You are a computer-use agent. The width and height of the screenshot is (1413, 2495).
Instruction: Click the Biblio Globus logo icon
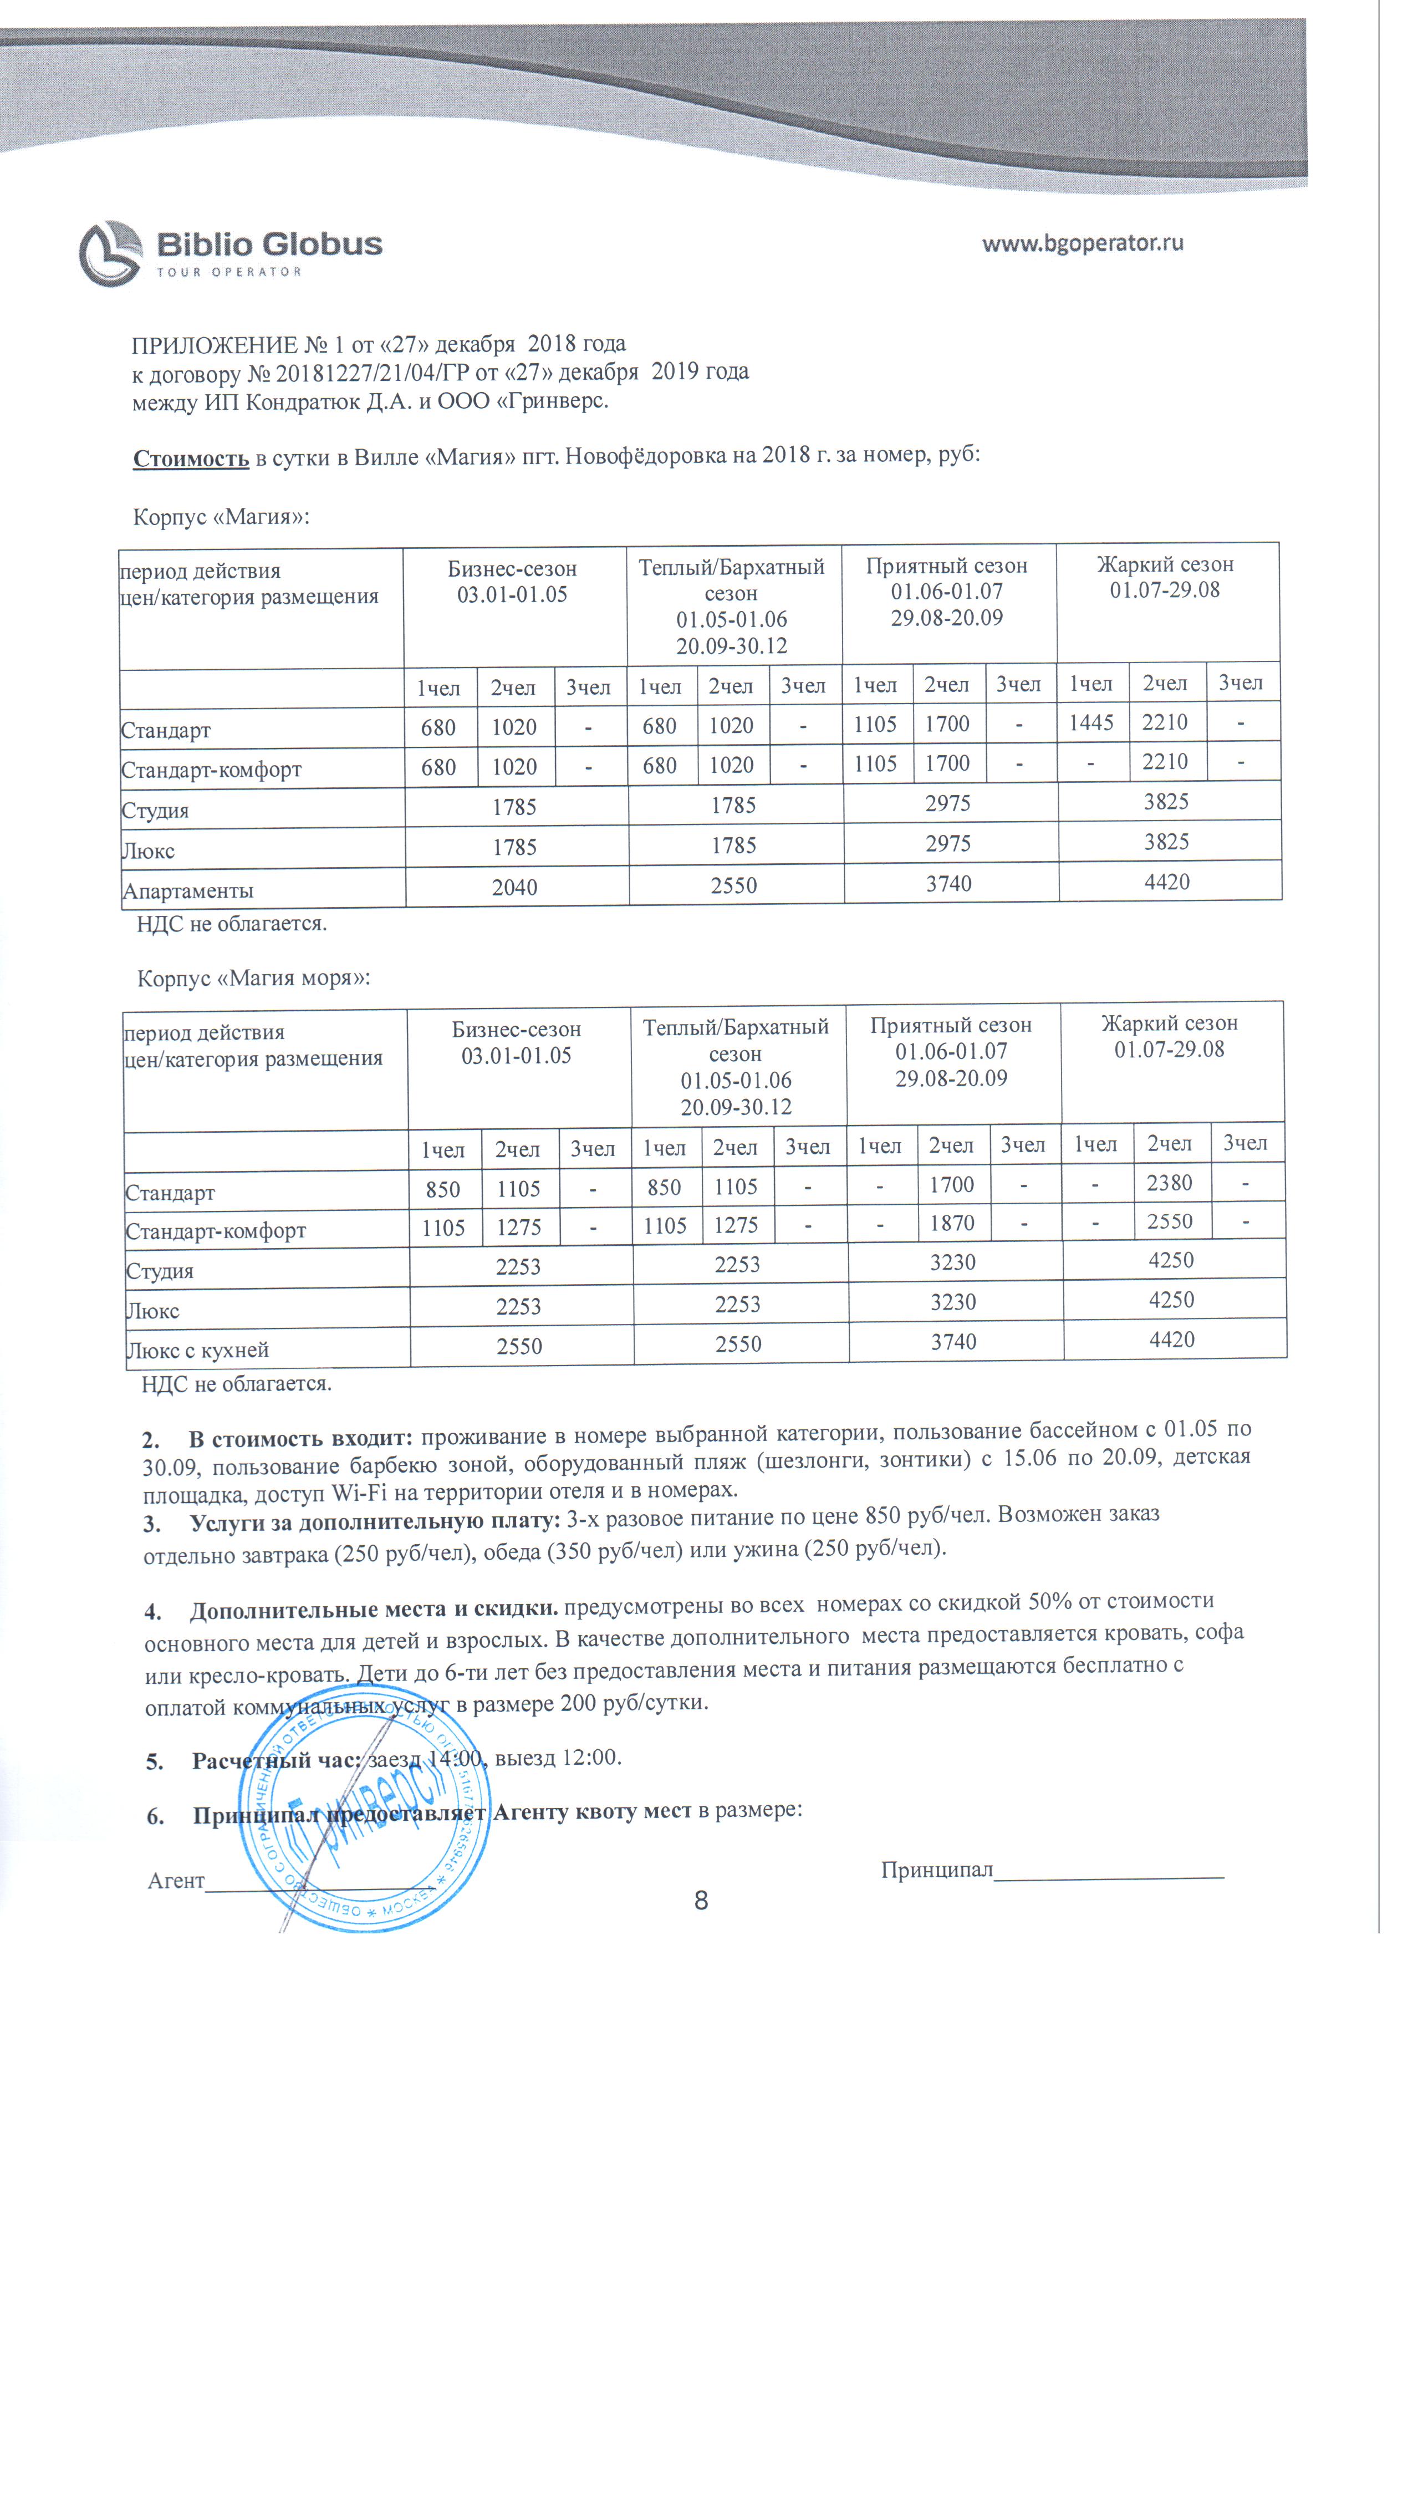[111, 253]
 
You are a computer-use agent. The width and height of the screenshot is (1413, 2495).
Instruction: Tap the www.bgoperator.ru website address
[1082, 243]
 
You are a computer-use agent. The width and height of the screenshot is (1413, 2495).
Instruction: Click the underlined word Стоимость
[191, 458]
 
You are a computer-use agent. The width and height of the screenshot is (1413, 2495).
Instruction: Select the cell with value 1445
[1092, 722]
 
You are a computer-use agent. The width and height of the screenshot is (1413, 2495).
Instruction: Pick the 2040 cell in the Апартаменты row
[514, 887]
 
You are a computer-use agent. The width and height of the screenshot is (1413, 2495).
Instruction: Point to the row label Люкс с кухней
[197, 1350]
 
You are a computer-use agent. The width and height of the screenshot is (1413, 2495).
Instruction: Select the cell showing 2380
[1170, 1183]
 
